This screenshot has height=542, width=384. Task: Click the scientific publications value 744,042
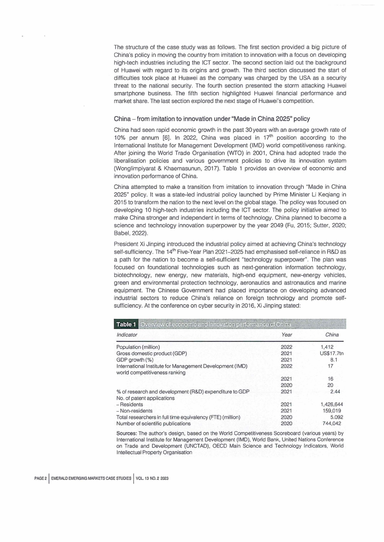(333, 423)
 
